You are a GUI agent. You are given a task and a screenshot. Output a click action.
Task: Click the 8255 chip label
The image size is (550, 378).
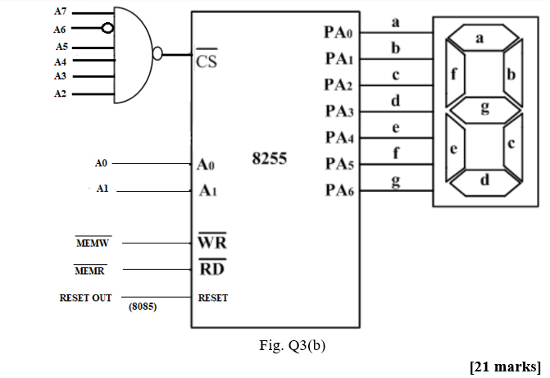270,159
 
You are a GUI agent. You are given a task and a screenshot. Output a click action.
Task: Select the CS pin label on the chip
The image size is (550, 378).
207,61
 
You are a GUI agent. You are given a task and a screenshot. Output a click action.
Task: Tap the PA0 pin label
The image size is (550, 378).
338,33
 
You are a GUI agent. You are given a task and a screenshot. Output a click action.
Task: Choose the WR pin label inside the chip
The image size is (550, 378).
212,244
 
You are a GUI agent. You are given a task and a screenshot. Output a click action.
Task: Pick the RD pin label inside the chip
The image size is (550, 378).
211,269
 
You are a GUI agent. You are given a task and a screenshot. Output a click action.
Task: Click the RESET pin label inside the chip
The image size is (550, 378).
213,298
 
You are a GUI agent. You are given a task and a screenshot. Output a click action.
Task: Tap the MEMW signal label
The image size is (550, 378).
93,244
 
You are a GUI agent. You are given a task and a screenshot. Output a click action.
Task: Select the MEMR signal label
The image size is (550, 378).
89,271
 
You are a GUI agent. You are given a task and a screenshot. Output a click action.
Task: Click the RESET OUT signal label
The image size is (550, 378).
85,298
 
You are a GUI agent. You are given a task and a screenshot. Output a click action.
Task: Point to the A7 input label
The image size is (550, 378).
61,12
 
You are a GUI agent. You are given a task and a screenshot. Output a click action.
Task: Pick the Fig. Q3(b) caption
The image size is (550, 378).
291,345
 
